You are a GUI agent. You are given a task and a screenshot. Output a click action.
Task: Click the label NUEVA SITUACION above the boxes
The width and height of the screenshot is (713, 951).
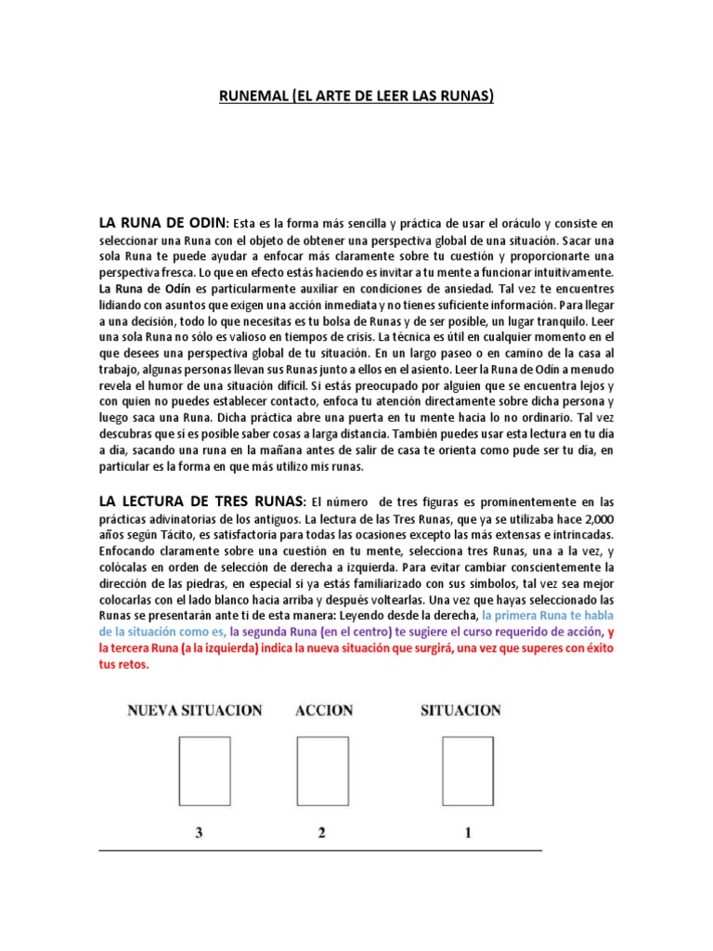coord(195,710)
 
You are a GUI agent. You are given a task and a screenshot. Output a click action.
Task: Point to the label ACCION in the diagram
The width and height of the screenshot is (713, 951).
coord(324,710)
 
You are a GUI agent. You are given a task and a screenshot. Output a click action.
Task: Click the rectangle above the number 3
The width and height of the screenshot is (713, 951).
coord(198,772)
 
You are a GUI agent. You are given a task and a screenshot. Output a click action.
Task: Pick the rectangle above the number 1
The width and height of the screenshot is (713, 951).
coord(467,772)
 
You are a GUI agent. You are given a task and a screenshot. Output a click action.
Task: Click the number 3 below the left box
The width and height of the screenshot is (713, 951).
coord(198,833)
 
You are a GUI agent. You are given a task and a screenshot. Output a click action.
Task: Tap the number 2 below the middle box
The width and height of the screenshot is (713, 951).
coord(321,833)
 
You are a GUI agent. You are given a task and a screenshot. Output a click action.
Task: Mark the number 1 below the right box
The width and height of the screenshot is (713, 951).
coord(468,833)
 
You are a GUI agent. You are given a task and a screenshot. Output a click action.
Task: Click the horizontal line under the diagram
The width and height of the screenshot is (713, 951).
coord(320,850)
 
